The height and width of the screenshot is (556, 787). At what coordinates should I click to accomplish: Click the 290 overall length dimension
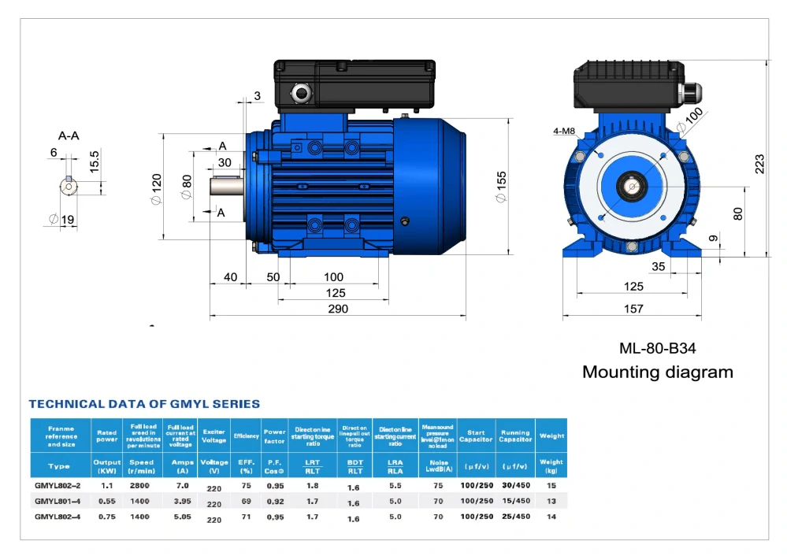tap(338, 310)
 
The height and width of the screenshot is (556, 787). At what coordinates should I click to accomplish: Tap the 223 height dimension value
tap(759, 163)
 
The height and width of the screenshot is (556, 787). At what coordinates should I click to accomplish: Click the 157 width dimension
tap(633, 310)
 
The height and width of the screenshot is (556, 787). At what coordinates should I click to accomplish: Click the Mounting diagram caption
tap(657, 372)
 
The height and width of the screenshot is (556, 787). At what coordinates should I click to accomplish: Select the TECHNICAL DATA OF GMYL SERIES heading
tap(144, 404)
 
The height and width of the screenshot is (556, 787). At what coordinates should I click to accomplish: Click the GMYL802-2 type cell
tap(58, 485)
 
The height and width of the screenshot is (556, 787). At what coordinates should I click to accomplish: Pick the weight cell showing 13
tap(551, 501)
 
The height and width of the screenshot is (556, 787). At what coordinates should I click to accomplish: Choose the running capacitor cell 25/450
tap(515, 517)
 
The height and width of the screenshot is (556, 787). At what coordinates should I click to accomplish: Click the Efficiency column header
tap(246, 436)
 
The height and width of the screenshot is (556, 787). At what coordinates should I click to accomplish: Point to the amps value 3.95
tap(181, 501)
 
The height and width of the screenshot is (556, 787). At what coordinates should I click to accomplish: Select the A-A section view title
tap(69, 135)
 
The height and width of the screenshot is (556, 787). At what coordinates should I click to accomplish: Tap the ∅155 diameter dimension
tap(502, 187)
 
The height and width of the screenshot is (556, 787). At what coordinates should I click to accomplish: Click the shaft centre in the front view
tap(633, 187)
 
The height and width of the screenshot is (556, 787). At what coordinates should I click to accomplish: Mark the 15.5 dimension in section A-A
tap(95, 161)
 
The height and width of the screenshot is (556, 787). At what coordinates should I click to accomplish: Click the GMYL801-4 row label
tap(58, 501)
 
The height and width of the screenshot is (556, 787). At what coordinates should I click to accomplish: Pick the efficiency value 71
tap(246, 517)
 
